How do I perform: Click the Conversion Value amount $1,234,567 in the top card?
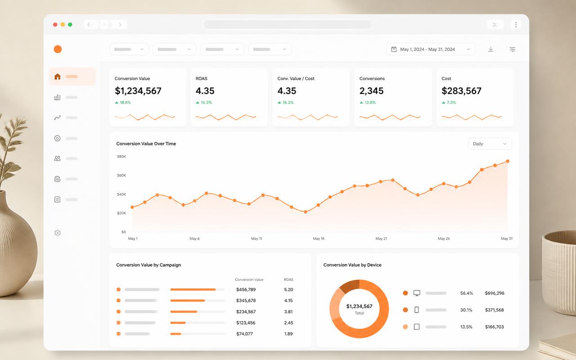(x=138, y=91)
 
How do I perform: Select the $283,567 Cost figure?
(x=461, y=91)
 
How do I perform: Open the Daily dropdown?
(x=490, y=144)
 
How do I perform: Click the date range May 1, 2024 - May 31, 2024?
(x=427, y=49)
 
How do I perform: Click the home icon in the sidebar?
(x=57, y=76)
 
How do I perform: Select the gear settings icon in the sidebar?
(x=57, y=233)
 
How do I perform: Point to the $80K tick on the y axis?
(x=121, y=156)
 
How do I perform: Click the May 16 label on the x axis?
(x=319, y=238)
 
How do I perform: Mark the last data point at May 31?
(x=508, y=161)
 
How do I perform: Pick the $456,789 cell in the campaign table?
(x=246, y=289)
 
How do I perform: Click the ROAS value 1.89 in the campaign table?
(x=288, y=334)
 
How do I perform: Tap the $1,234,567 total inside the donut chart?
(x=359, y=306)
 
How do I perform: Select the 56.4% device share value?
(x=467, y=293)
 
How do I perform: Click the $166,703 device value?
(x=494, y=327)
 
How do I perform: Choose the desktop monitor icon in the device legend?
(x=417, y=293)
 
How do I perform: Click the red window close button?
(x=55, y=24)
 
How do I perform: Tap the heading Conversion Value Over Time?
(x=146, y=144)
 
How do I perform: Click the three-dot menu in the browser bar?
(x=516, y=24)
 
